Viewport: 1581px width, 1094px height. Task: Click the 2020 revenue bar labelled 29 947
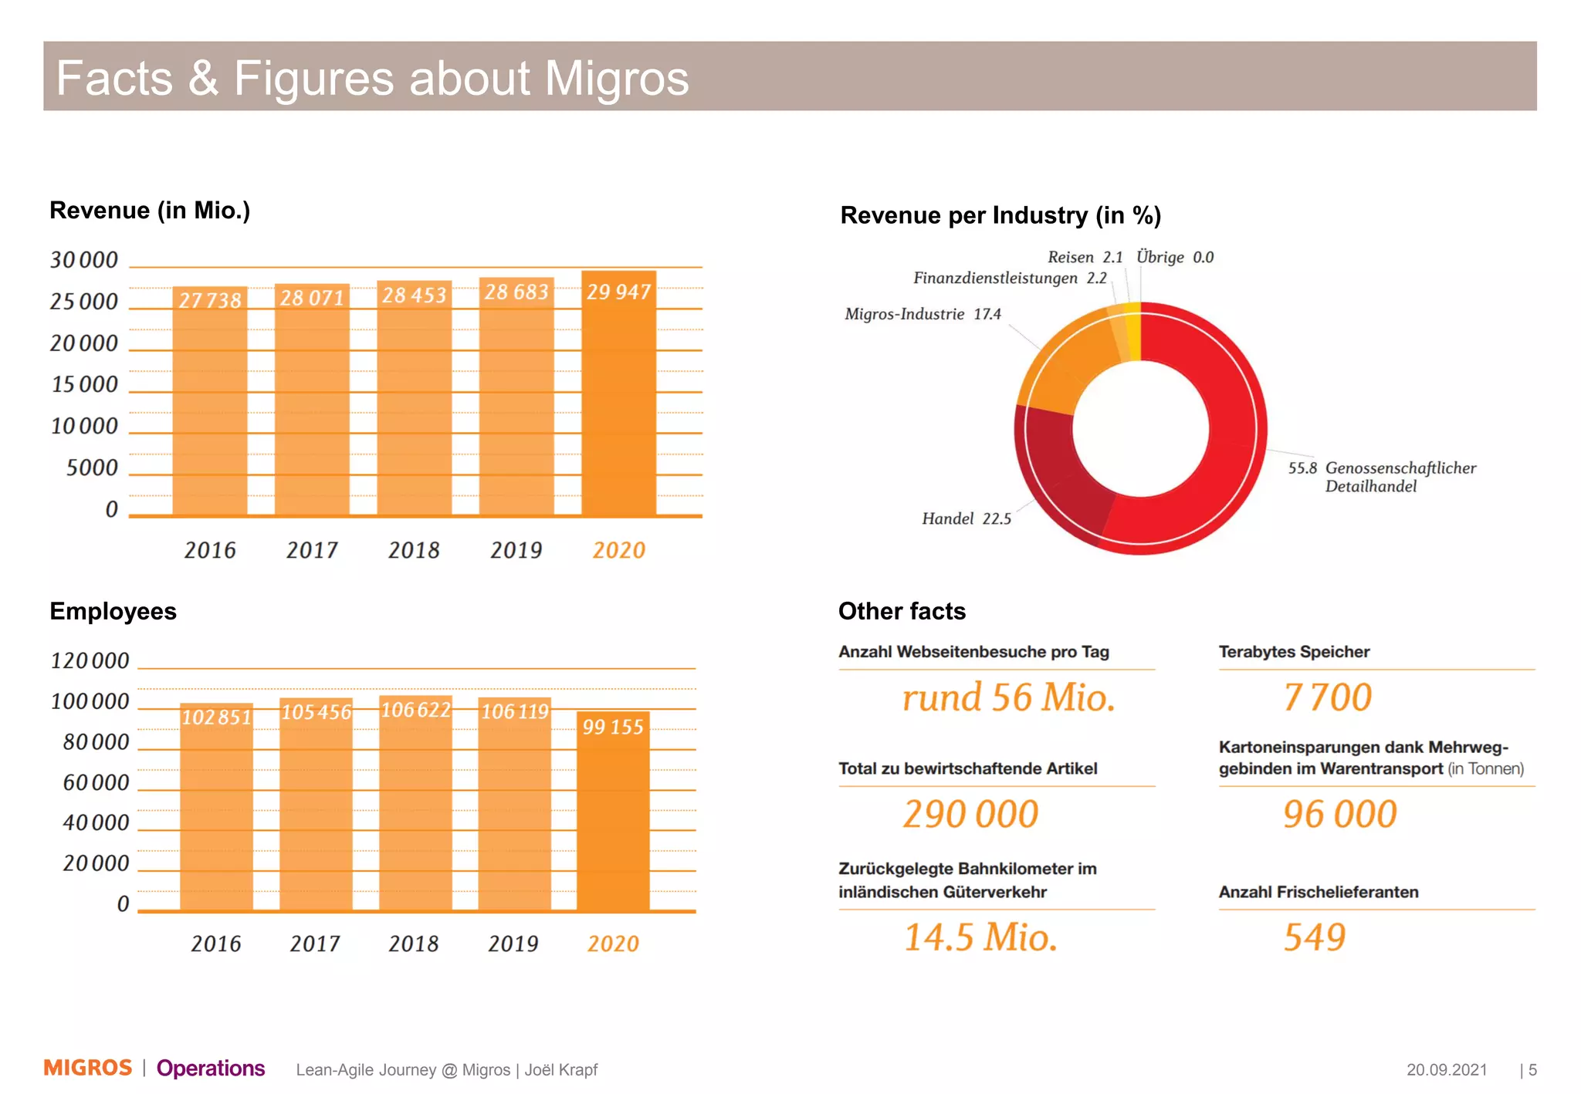tap(618, 401)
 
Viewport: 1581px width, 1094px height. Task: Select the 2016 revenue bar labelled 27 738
tap(210, 409)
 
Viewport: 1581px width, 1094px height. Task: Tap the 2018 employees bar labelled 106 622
tap(415, 810)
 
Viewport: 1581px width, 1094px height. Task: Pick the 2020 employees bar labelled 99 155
tap(613, 818)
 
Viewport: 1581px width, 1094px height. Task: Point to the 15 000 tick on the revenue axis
tap(84, 384)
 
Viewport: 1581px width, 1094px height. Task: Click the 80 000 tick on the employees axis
tap(96, 742)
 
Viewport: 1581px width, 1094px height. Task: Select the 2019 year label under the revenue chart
tap(516, 550)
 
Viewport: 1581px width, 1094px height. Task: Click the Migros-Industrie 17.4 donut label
tap(923, 314)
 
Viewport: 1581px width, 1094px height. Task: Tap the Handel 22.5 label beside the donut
tap(966, 518)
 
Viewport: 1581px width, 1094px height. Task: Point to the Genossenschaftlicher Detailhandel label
tap(1382, 477)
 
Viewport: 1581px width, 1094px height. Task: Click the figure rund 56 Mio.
tap(1008, 697)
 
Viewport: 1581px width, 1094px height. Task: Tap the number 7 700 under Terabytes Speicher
tap(1327, 697)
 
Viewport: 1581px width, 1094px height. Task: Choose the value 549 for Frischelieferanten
tap(1314, 937)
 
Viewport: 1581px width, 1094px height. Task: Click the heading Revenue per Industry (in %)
tap(1000, 215)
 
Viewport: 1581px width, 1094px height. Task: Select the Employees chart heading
tap(113, 611)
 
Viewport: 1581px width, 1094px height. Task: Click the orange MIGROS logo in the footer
tap(88, 1068)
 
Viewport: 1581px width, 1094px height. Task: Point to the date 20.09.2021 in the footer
tap(1446, 1069)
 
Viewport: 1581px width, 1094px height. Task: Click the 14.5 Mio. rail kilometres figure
tap(980, 937)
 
